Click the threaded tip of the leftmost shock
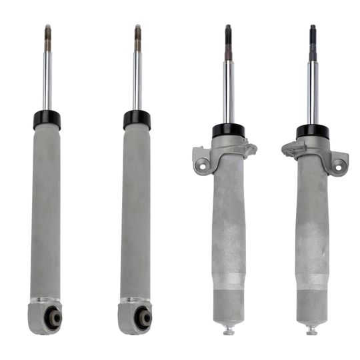48,37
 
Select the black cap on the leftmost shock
47,120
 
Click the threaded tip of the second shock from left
137,37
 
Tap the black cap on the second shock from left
137,120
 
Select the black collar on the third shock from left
228,131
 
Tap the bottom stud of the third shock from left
228,331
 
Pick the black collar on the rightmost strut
312,131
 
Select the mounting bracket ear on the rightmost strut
339,160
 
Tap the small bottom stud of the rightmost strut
311,331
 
